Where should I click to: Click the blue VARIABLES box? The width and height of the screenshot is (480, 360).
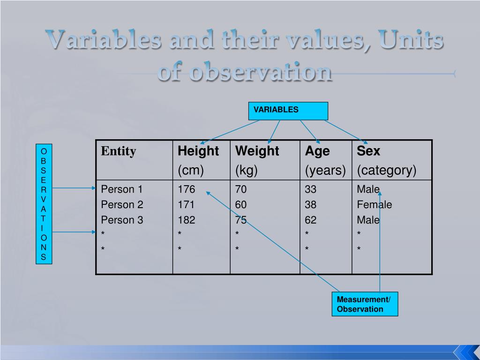[x=288, y=111]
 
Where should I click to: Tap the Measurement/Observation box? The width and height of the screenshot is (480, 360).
[x=365, y=304]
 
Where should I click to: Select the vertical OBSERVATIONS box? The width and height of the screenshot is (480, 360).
[x=44, y=204]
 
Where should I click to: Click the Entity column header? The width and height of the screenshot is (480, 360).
[x=119, y=151]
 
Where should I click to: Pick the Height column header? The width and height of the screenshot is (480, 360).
[x=198, y=151]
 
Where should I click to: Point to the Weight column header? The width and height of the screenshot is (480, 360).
[x=257, y=151]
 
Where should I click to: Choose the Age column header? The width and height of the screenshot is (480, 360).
[x=317, y=151]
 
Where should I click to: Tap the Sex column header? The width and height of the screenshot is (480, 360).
[x=368, y=151]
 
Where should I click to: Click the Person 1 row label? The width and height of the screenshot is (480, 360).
[x=122, y=189]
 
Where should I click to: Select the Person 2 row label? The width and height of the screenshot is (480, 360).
[x=122, y=204]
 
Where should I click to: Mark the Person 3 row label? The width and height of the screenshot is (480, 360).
[x=122, y=220]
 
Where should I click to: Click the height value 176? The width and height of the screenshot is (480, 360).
[x=186, y=189]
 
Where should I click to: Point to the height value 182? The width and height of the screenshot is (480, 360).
[x=186, y=220]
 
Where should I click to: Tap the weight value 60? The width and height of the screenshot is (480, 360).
[x=241, y=204]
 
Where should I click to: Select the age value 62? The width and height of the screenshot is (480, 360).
[x=310, y=220]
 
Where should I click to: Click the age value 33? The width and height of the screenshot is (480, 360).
[x=310, y=189]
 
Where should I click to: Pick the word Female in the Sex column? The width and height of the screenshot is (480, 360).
[x=374, y=204]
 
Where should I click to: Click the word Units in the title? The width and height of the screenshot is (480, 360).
[x=411, y=40]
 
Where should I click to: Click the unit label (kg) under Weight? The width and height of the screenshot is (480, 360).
[x=247, y=170]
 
